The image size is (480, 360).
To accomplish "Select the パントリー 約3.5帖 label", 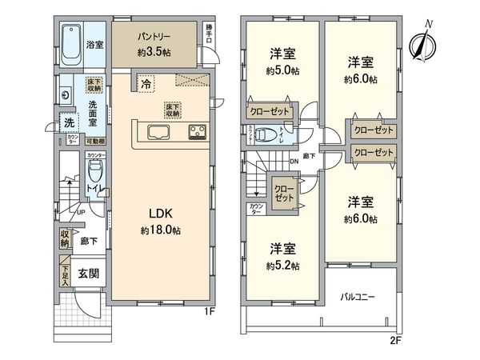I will coord(154,43).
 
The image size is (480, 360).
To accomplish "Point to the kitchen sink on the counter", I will coord(157,133).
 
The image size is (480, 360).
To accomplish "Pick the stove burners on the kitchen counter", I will coord(197,132).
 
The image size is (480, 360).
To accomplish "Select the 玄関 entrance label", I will coord(88,274).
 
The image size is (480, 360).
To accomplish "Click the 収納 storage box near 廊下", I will coord(65,238).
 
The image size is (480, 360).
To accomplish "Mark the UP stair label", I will coord(82,211).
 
